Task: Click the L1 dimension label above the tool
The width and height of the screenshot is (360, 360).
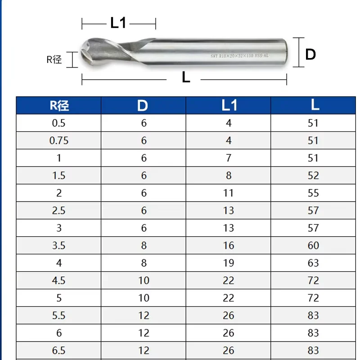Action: tap(118, 23)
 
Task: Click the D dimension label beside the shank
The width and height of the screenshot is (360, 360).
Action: tap(310, 54)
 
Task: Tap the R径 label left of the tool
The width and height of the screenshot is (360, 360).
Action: tap(54, 59)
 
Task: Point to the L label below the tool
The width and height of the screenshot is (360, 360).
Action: tap(186, 77)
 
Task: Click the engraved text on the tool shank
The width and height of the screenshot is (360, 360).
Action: tap(237, 56)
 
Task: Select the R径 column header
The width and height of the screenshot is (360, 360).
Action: tap(59, 106)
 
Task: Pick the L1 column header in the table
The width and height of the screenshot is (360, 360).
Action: tap(229, 106)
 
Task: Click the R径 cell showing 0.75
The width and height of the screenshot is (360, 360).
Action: tap(59, 140)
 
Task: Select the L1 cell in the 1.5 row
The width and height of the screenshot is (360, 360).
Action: tap(229, 175)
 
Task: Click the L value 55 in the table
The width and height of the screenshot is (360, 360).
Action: tap(313, 193)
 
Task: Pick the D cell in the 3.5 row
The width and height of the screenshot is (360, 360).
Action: tap(144, 246)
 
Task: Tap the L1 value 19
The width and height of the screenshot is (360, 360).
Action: tap(229, 263)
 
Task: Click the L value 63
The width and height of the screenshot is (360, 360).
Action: tap(313, 263)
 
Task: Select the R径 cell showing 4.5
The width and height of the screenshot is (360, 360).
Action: tap(59, 281)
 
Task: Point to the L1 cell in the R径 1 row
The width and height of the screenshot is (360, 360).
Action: tap(229, 158)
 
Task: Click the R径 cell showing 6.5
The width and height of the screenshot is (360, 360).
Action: tap(59, 351)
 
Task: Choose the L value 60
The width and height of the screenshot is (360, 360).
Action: tap(313, 246)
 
